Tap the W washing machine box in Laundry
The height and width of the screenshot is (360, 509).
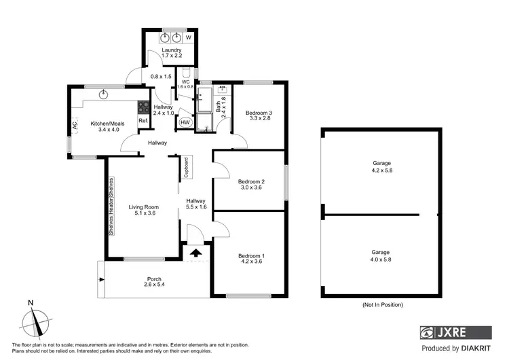tap(189, 37)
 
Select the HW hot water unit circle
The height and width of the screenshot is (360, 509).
tap(185, 122)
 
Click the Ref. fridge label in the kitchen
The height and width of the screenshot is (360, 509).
tap(143, 121)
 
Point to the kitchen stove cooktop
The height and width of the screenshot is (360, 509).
tap(143, 106)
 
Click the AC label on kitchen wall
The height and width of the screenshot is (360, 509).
tap(75, 126)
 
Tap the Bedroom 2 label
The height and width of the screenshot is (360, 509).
tap(250, 181)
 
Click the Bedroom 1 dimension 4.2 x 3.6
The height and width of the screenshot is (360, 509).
tap(250, 262)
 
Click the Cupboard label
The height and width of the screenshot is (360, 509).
tap(185, 167)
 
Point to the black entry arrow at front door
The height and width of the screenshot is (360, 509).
tap(196, 253)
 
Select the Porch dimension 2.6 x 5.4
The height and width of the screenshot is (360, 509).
tap(155, 284)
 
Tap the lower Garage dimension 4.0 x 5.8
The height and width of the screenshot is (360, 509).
tap(381, 259)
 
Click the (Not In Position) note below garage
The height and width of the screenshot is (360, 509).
tap(383, 305)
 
